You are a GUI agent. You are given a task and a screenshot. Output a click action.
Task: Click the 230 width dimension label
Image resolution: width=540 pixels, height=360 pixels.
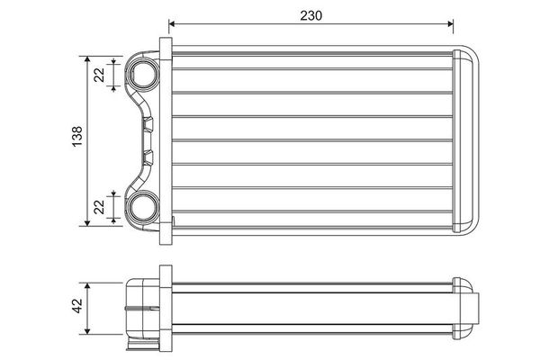(311, 15)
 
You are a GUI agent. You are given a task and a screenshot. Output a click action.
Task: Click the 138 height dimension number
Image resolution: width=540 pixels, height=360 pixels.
(77, 137)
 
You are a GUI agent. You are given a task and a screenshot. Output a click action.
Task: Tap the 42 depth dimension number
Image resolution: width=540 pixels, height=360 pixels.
(77, 306)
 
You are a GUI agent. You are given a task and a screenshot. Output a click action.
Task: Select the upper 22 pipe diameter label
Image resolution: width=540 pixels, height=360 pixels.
(99, 75)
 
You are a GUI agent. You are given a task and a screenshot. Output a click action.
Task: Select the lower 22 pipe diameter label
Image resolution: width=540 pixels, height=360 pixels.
(99, 207)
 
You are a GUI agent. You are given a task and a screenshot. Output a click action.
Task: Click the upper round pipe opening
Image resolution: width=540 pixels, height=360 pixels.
(142, 75)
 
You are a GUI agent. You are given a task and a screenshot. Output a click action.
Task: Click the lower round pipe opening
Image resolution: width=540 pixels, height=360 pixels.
(142, 207)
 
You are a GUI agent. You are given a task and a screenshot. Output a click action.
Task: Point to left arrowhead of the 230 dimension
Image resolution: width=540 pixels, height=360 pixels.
(172, 23)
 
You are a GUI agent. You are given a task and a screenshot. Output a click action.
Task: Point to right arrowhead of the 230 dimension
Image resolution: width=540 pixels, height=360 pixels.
(450, 23)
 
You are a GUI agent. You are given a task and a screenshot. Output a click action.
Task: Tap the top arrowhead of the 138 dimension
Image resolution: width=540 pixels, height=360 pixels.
(87, 59)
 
